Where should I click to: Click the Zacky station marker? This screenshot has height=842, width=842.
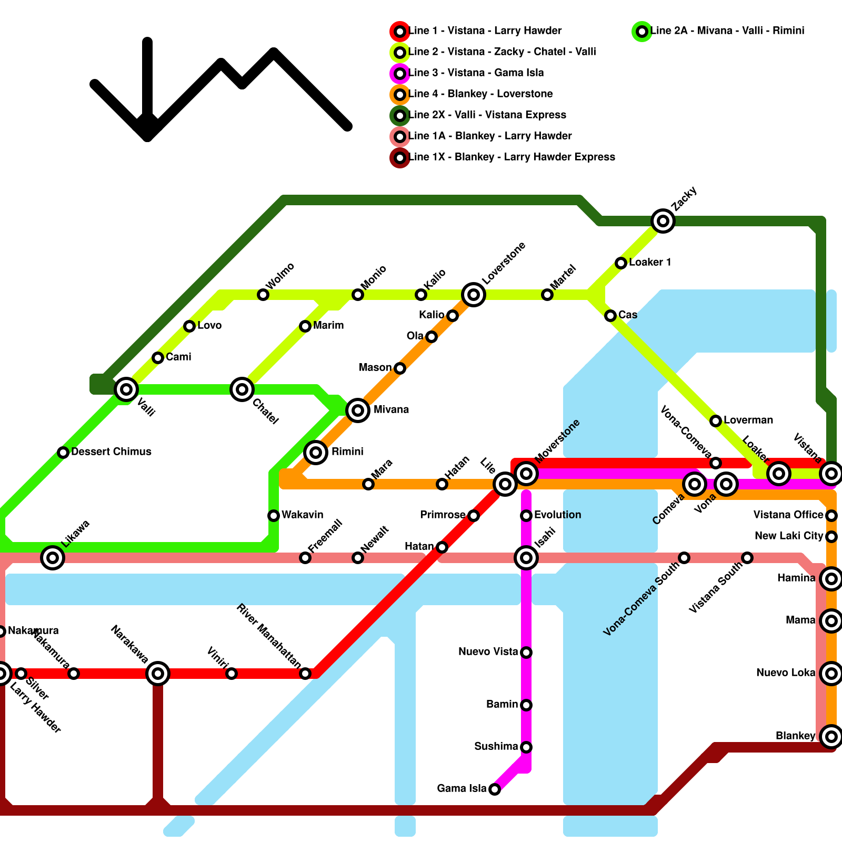tap(663, 220)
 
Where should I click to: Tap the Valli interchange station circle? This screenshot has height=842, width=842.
tap(126, 389)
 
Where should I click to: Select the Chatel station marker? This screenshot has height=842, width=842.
tap(242, 389)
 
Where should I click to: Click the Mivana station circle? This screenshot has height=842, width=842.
tap(358, 410)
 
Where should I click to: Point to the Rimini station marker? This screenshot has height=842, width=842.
tap(316, 452)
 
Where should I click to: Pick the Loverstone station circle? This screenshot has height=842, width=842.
tap(474, 294)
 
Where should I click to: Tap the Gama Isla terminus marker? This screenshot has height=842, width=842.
tap(495, 789)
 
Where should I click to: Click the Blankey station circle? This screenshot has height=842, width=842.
tap(831, 736)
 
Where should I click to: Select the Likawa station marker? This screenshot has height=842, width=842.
tap(53, 557)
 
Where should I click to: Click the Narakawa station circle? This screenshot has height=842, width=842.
tap(158, 673)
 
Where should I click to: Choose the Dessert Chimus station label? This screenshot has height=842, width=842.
tap(111, 452)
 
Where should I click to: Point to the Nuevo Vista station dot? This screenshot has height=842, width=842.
tap(526, 653)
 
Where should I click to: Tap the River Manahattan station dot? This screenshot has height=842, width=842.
tap(305, 674)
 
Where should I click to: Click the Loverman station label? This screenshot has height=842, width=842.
tap(748, 420)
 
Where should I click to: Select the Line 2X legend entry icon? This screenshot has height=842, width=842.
tap(400, 115)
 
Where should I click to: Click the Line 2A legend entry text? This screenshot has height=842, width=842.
tap(727, 31)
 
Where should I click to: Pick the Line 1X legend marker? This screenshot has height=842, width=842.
tap(400, 157)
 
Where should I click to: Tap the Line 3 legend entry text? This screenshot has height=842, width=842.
tap(476, 73)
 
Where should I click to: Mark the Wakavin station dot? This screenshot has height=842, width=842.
tap(274, 516)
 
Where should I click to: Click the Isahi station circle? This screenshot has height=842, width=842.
tap(526, 557)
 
